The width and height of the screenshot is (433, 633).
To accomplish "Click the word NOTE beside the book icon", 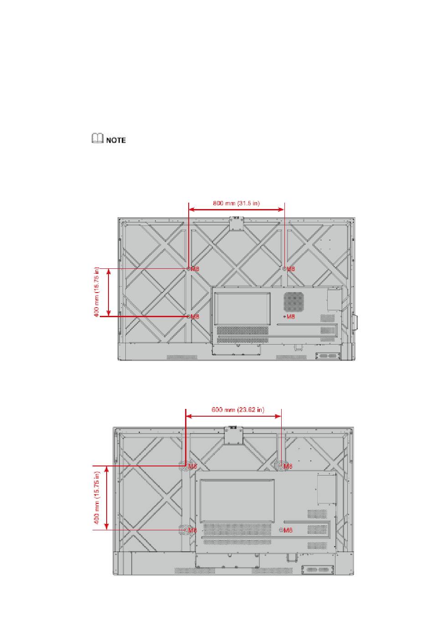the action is click(x=116, y=140).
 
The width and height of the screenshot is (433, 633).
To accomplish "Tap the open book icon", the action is click(x=98, y=138).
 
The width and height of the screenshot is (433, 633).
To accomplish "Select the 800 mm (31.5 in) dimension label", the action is click(x=236, y=203).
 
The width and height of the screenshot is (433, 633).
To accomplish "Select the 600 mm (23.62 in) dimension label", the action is click(x=238, y=410).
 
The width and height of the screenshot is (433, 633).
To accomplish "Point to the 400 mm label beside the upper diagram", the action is click(x=97, y=292).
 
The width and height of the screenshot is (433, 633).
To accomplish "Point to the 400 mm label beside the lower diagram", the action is click(x=97, y=497).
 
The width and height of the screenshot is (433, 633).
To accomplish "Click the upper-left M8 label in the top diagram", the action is click(x=195, y=269).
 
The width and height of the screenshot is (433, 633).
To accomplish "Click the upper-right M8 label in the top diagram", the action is click(x=291, y=269).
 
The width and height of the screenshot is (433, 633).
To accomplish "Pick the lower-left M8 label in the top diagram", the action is click(x=195, y=317).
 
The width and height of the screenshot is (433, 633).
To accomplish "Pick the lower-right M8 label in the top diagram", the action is click(x=291, y=317).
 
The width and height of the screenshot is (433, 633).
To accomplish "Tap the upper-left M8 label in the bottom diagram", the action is click(x=192, y=466).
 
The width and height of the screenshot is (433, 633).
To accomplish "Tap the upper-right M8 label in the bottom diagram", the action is click(x=288, y=466).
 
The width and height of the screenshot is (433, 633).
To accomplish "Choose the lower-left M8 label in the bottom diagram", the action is click(x=192, y=530).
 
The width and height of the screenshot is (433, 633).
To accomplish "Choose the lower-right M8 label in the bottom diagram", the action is click(x=288, y=530).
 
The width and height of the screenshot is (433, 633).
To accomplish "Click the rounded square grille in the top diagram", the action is click(x=294, y=302).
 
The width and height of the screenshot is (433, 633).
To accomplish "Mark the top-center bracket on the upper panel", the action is click(x=237, y=224).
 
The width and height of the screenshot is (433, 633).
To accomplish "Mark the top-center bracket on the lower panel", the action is click(x=233, y=435).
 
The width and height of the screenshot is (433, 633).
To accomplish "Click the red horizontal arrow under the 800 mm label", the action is click(x=236, y=209).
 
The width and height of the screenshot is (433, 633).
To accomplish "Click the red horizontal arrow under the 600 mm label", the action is click(x=233, y=416).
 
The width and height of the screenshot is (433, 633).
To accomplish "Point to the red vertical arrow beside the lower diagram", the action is click(x=106, y=498).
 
